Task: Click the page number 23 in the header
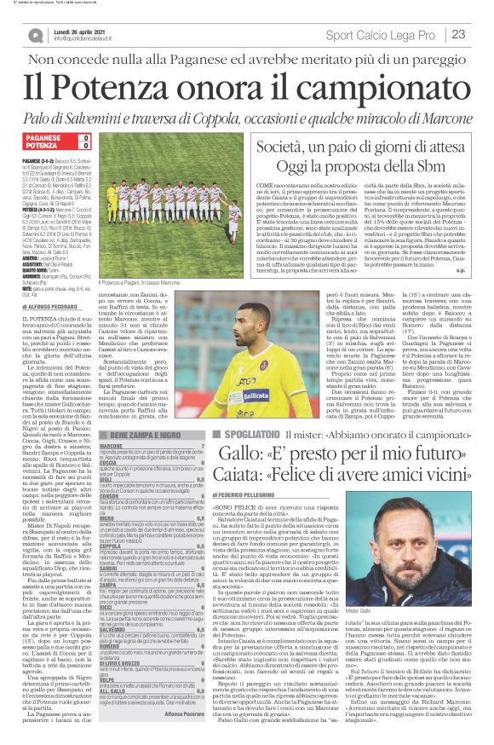pyautogui.click(x=458, y=34)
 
